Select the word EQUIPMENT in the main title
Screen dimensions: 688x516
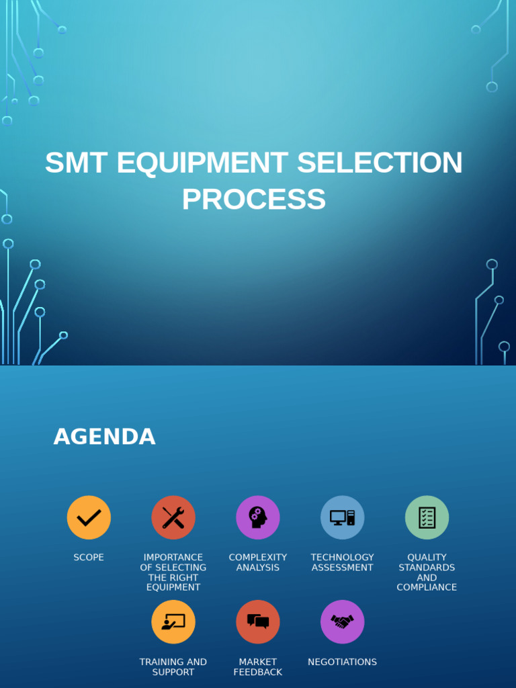click(x=203, y=163)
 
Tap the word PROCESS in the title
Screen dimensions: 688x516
click(x=254, y=200)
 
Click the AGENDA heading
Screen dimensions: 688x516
click(x=104, y=437)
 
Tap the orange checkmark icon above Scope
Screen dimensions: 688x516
click(x=89, y=517)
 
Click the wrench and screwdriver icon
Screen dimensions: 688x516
click(x=173, y=517)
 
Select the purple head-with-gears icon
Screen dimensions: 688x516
click(x=258, y=517)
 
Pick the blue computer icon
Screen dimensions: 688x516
click(x=342, y=517)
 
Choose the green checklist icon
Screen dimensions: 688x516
click(x=427, y=517)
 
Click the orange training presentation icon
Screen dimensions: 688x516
click(x=173, y=621)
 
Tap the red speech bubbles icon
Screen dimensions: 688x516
click(x=258, y=621)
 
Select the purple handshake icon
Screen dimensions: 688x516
click(x=342, y=621)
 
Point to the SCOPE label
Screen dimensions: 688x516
click(x=89, y=558)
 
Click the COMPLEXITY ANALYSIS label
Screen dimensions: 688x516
click(x=258, y=562)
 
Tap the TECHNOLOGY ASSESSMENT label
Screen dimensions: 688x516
click(x=342, y=562)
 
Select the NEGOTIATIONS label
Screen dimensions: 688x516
click(x=342, y=662)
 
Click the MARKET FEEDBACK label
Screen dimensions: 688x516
click(x=258, y=667)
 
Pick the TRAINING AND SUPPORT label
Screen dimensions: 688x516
click(x=173, y=667)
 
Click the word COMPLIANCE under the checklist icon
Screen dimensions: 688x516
click(x=427, y=587)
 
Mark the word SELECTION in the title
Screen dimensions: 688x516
click(x=380, y=163)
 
